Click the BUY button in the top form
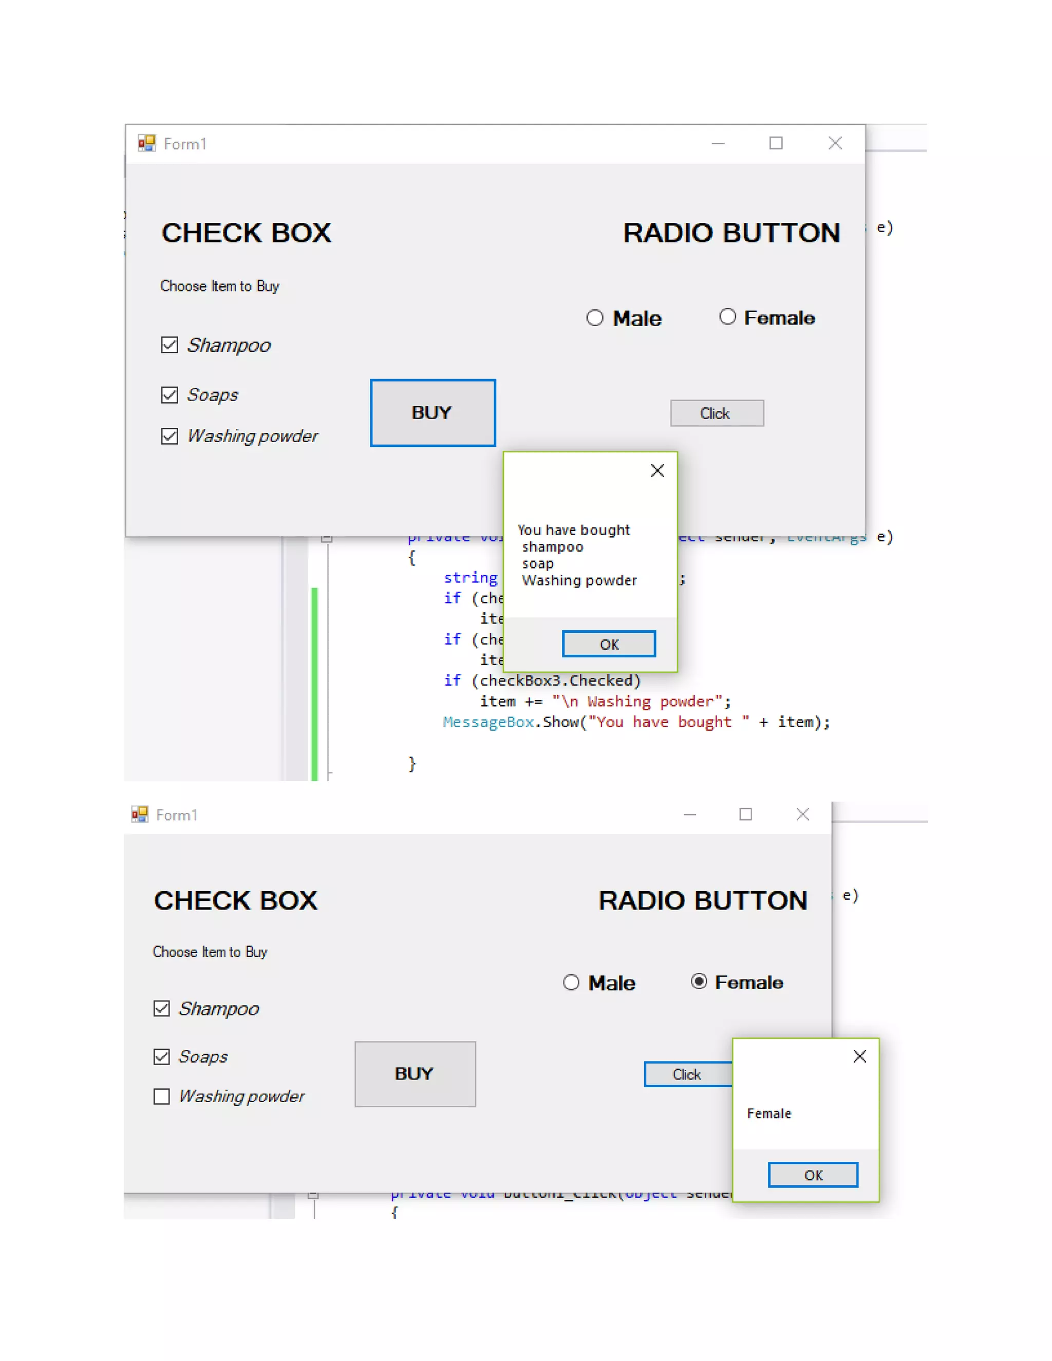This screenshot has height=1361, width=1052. (433, 412)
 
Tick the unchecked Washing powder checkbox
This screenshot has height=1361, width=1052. (161, 1096)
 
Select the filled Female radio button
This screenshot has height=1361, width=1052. (699, 981)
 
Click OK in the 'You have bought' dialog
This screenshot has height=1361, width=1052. (608, 644)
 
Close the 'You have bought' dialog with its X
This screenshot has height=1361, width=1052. (657, 470)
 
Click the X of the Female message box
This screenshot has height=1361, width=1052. (859, 1056)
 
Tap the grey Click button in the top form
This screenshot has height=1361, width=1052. (717, 413)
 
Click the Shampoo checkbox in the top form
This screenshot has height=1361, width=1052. (170, 345)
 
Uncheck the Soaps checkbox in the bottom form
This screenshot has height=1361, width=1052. (161, 1056)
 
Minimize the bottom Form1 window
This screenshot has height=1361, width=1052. (689, 815)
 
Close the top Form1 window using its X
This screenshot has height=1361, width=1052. (835, 143)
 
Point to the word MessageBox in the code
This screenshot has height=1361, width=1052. (488, 722)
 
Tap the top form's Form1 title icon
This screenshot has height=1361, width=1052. (147, 143)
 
